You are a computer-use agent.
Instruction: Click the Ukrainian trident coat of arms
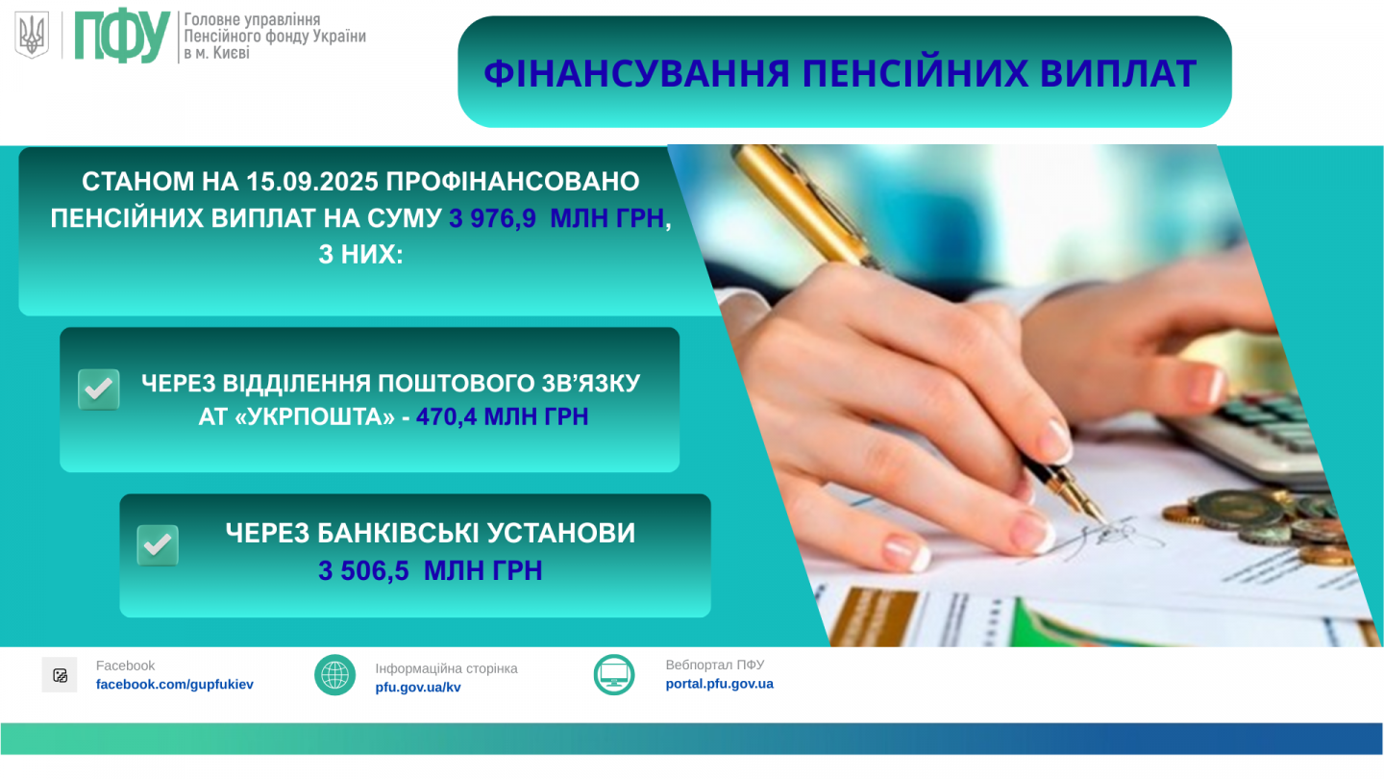pyautogui.click(x=32, y=35)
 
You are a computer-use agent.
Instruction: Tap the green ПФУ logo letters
pyautogui.click(x=122, y=36)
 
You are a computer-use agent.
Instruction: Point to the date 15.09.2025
pyautogui.click(x=312, y=182)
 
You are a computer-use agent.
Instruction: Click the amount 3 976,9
pyautogui.click(x=492, y=218)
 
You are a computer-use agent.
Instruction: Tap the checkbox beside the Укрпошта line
pyautogui.click(x=99, y=389)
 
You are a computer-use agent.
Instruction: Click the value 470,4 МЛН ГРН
pyautogui.click(x=502, y=416)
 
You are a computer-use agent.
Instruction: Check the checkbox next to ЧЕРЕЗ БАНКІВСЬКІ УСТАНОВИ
pyautogui.click(x=158, y=545)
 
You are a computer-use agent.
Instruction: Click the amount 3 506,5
pyautogui.click(x=363, y=570)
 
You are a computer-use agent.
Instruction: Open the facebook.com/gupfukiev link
pyautogui.click(x=174, y=685)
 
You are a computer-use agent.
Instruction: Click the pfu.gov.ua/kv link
pyautogui.click(x=418, y=688)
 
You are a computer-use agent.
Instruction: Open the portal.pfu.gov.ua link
pyautogui.click(x=719, y=684)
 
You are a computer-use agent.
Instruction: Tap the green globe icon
pyautogui.click(x=334, y=675)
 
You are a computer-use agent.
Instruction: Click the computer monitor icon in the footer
pyautogui.click(x=614, y=675)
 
